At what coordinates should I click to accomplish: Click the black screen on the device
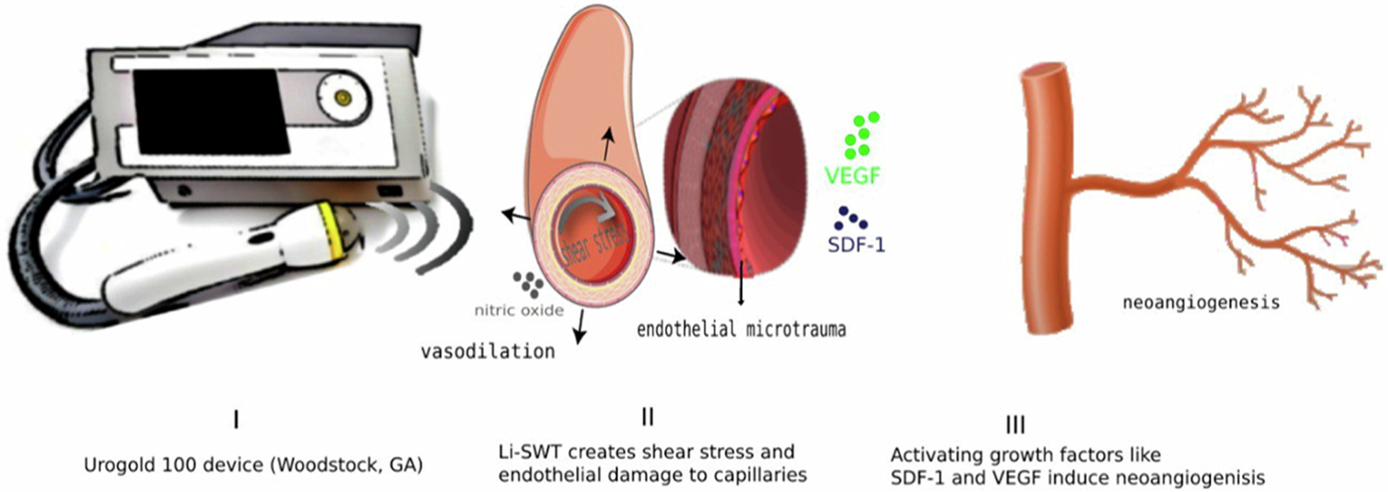pyautogui.click(x=209, y=111)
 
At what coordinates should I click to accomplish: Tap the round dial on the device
pyautogui.click(x=343, y=98)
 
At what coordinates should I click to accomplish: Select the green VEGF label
pyautogui.click(x=852, y=176)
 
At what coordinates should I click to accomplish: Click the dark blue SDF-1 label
pyautogui.click(x=856, y=245)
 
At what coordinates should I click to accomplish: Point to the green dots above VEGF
pyautogui.click(x=861, y=135)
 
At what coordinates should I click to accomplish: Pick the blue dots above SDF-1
pyautogui.click(x=850, y=219)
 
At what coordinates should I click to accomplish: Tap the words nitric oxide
pyautogui.click(x=519, y=310)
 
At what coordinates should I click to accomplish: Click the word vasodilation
pyautogui.click(x=487, y=352)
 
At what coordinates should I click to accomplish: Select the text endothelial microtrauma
pyautogui.click(x=741, y=330)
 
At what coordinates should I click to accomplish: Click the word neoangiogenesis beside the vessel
pyautogui.click(x=1201, y=302)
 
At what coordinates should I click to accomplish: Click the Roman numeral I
pyautogui.click(x=236, y=419)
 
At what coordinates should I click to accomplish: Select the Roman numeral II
pyautogui.click(x=647, y=417)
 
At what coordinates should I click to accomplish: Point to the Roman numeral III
pyautogui.click(x=1015, y=425)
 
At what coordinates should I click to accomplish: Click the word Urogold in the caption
pyautogui.click(x=120, y=465)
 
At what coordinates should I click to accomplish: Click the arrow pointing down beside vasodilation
pyautogui.click(x=580, y=327)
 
